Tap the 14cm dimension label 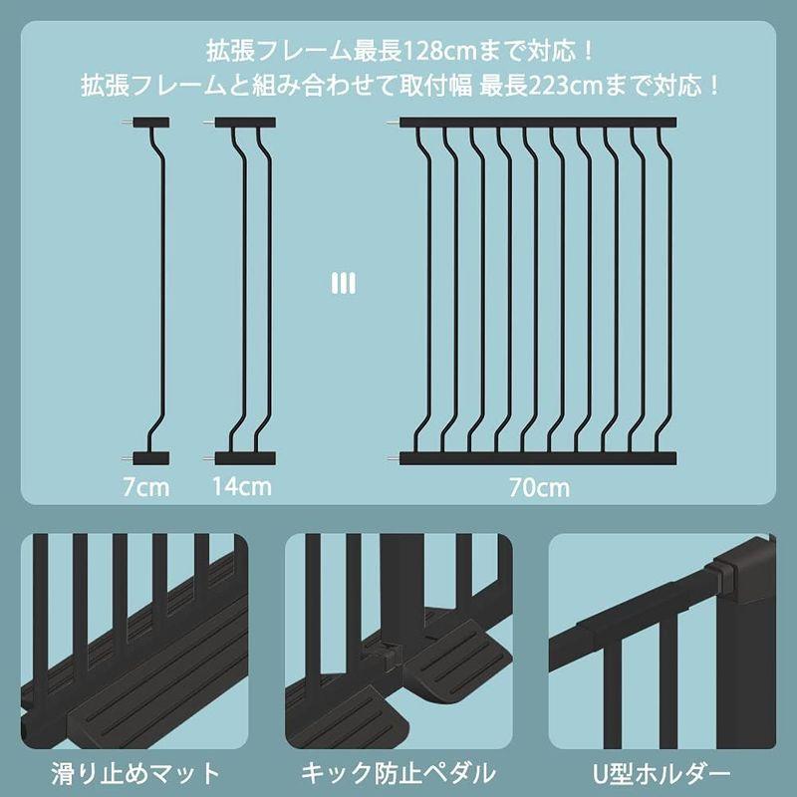241,487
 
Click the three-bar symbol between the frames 343,284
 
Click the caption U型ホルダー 662,772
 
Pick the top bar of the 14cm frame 245,123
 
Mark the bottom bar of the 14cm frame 245,458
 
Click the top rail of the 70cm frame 538,123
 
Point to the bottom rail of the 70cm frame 538,458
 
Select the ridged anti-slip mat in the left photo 149,677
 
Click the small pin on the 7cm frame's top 127,123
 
